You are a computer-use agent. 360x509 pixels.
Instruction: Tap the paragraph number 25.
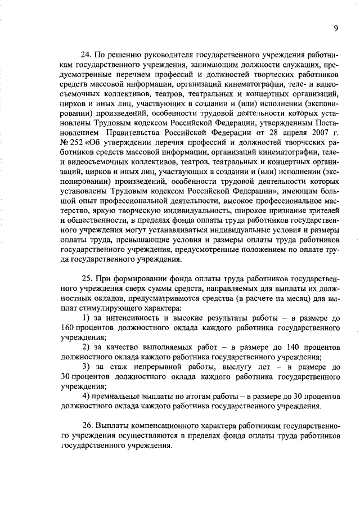[87, 278]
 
